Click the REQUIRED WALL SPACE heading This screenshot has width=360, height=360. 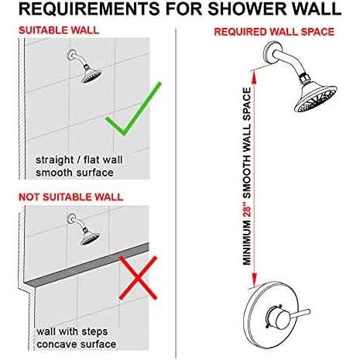coord(274,32)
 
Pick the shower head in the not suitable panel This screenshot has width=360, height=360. coord(91,236)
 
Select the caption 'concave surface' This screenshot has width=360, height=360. coord(75,344)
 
